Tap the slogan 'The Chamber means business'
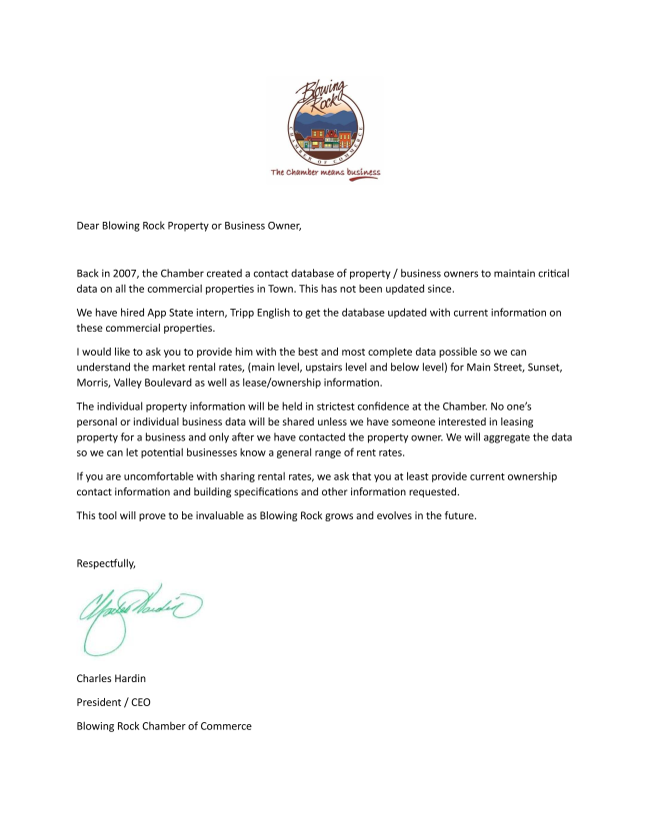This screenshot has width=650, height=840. tap(326, 172)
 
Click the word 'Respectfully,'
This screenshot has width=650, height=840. tap(106, 563)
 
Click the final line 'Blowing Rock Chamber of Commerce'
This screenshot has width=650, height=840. tap(164, 726)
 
